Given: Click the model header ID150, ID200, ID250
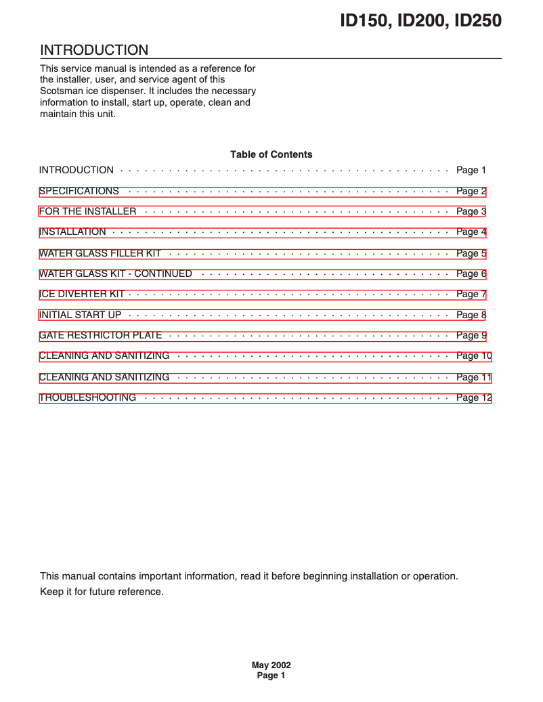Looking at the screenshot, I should tap(420, 21).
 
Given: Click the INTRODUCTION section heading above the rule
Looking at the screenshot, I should tap(94, 50).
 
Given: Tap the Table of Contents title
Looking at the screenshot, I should tap(271, 154).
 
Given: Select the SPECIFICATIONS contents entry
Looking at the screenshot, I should tap(79, 192).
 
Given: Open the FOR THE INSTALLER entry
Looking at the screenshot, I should tap(88, 212).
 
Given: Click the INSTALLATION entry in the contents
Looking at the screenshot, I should tap(72, 232).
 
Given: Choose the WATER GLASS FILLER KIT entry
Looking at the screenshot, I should tap(100, 254).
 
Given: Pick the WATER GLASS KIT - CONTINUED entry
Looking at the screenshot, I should tap(116, 274).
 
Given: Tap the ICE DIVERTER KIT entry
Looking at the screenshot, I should tap(82, 294).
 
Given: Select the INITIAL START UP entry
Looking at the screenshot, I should tap(80, 315).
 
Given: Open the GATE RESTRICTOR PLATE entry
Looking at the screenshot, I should tap(100, 336).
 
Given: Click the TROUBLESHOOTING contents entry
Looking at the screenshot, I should tap(87, 398).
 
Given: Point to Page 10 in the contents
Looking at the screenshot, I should tap(474, 356).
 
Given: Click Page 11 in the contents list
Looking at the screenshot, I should tap(474, 378).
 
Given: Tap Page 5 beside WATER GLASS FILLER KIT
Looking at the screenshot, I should tap(471, 254).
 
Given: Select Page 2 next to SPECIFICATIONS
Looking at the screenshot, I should tap(471, 192).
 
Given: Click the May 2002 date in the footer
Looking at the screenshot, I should tap(271, 665).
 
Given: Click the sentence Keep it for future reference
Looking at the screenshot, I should tap(102, 592).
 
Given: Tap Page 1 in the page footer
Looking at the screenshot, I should tap(271, 676).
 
